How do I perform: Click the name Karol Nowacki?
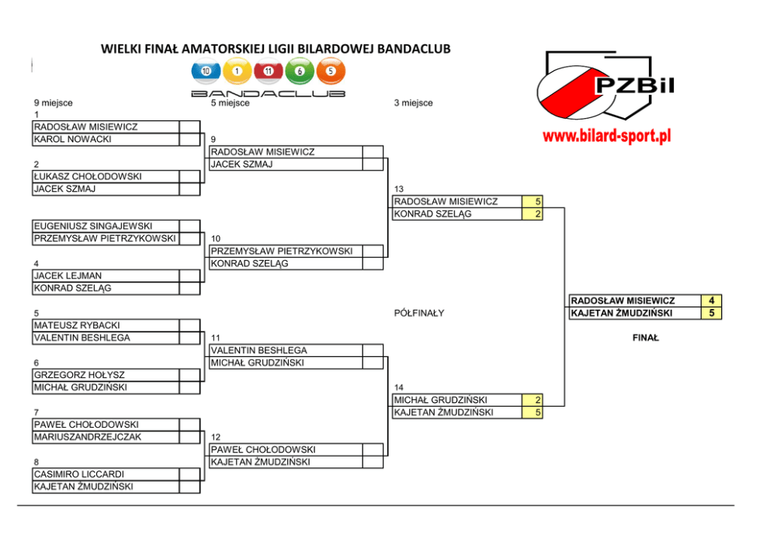point(73,140)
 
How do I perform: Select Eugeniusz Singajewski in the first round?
point(93,226)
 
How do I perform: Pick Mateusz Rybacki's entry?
point(77,325)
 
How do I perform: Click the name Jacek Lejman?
point(68,276)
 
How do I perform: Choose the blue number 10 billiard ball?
point(206,71)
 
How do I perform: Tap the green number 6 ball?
point(300,71)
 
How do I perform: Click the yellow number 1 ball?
point(238,71)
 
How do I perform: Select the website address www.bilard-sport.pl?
point(606,137)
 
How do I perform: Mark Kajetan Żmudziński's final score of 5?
point(711,314)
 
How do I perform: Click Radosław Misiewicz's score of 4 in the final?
point(711,301)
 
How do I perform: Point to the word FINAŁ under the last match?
point(645,338)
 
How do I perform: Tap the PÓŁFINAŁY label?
point(419,314)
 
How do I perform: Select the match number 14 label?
point(399,387)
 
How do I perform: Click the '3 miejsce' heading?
point(414,103)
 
